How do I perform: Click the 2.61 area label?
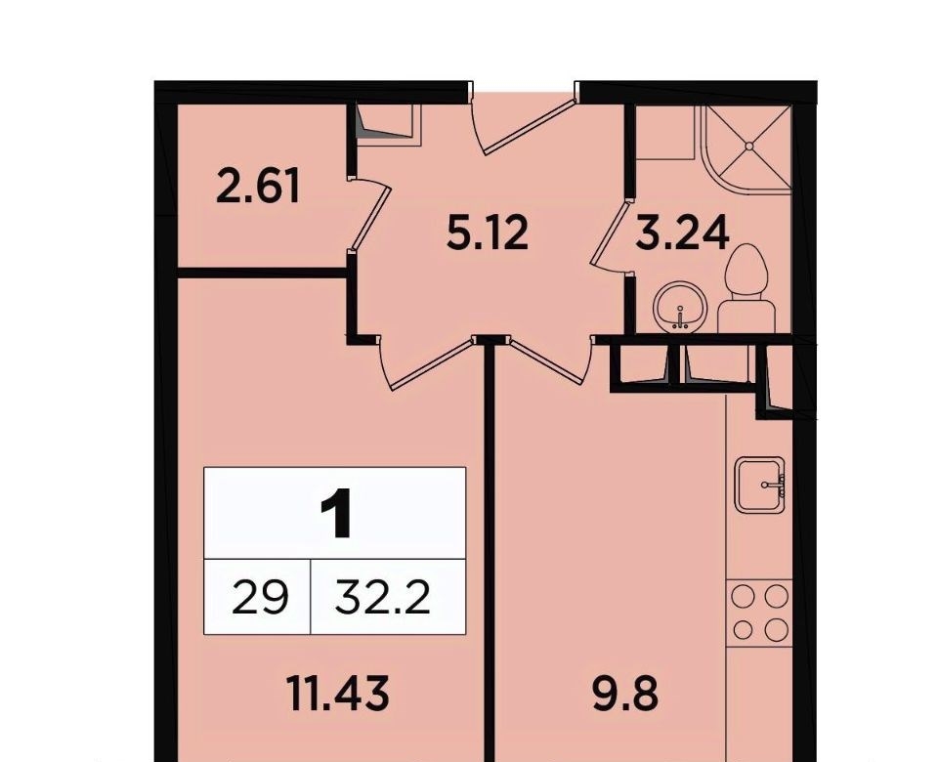[x=257, y=186]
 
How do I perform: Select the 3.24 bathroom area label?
[x=683, y=233]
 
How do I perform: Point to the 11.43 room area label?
[x=338, y=693]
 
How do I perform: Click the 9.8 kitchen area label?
[x=625, y=693]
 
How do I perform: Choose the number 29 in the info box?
[x=260, y=598]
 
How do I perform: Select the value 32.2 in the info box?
[x=383, y=598]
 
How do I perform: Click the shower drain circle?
[x=749, y=146]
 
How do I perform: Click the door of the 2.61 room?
[x=369, y=214]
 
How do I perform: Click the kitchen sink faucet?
[x=774, y=486]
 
